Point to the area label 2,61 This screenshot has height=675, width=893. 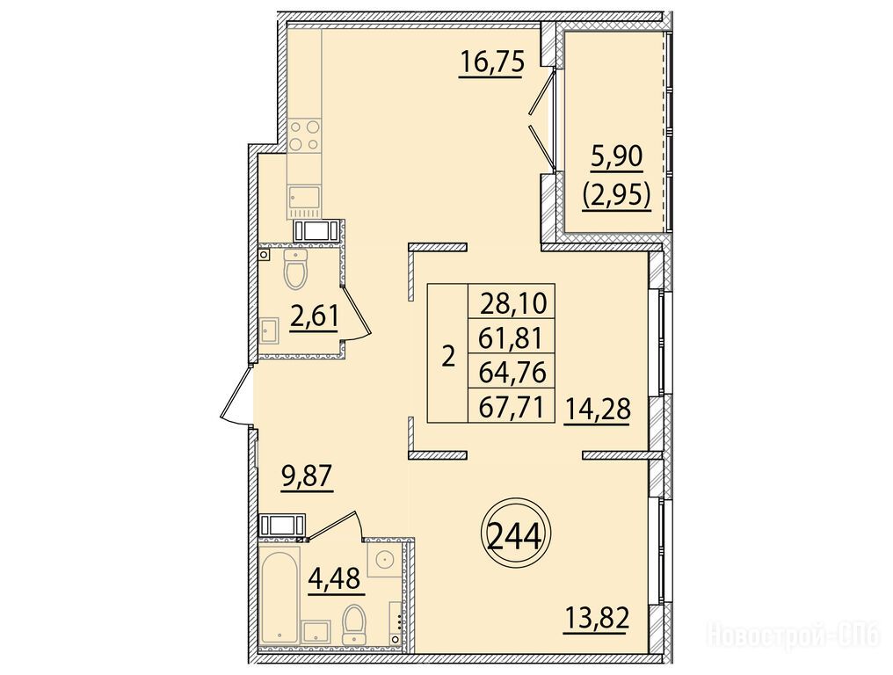(314, 316)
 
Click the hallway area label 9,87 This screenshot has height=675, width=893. (306, 475)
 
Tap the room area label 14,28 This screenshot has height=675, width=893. (598, 409)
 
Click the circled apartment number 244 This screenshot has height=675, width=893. (514, 535)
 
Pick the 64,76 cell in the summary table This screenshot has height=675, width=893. (511, 371)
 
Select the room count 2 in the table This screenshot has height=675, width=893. (448, 358)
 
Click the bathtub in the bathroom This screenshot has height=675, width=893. (280, 596)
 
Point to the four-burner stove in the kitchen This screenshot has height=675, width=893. (304, 135)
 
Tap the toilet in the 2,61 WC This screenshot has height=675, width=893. (295, 268)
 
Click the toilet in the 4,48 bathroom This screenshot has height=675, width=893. (353, 626)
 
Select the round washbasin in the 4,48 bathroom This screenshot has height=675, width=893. (386, 559)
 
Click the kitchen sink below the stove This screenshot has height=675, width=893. (304, 198)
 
